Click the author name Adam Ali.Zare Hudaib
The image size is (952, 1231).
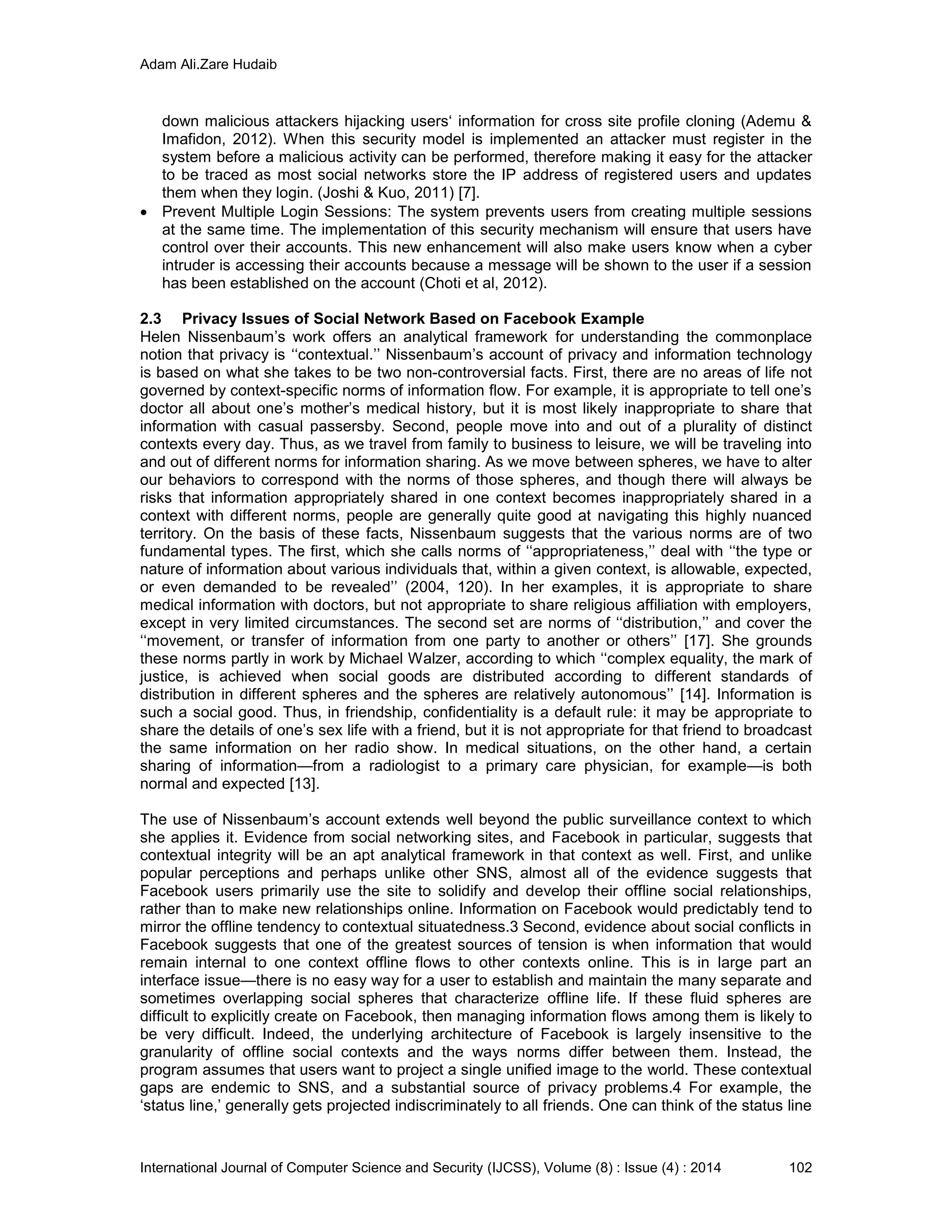208,65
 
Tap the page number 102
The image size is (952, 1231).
800,1167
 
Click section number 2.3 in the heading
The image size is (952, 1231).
151,319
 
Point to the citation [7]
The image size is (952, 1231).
468,193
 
